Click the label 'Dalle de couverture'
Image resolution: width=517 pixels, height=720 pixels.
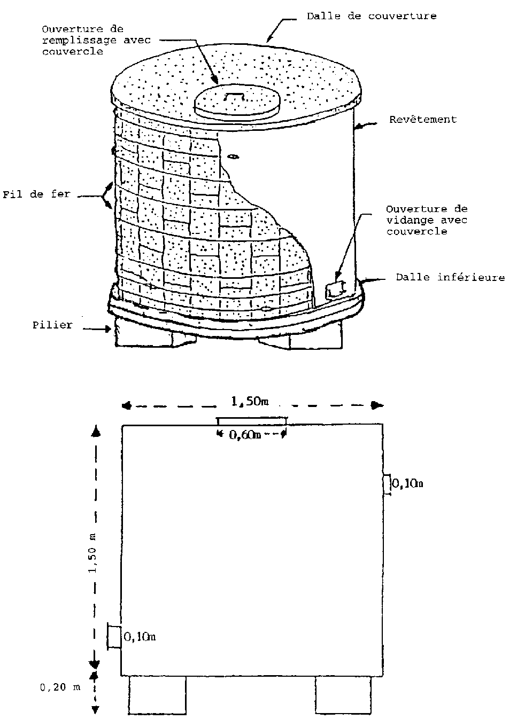(x=371, y=16)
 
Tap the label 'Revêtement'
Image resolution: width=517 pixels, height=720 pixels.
(x=423, y=120)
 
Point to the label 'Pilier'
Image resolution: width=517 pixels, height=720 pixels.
(x=51, y=325)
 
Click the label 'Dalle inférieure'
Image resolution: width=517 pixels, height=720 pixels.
(x=450, y=277)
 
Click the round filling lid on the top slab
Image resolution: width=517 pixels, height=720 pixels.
(x=236, y=101)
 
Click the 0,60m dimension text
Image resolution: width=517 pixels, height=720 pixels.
(x=245, y=435)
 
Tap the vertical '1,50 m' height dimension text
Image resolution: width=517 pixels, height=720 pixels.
(x=94, y=553)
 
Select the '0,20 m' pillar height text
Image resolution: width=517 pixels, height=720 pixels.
(x=60, y=687)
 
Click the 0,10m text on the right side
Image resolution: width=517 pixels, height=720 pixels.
(x=407, y=484)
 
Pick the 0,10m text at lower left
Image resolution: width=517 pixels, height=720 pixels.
(x=140, y=636)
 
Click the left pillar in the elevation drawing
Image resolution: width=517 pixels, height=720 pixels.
(x=157, y=695)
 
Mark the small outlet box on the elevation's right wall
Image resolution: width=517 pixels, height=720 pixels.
(x=388, y=485)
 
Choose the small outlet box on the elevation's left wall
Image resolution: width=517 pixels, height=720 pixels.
(x=114, y=637)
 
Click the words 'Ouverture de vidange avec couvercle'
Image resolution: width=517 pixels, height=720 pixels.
(x=426, y=220)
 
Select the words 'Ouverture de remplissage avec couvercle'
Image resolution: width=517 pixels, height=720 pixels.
(x=96, y=40)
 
